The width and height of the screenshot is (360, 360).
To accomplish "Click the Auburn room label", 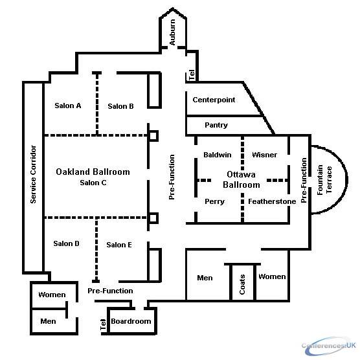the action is click(x=172, y=32).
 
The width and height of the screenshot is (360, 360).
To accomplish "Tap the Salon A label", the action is click(x=68, y=106).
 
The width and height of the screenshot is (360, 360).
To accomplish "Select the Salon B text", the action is click(x=121, y=106).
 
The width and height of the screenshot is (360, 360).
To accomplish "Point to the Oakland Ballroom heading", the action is click(x=93, y=172).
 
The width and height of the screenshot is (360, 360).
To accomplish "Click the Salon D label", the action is click(x=66, y=243).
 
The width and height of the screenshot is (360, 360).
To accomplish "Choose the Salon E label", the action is click(x=119, y=245).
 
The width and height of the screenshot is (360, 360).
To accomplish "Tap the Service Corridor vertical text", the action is click(x=33, y=174).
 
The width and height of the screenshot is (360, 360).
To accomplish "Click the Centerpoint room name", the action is click(x=214, y=100).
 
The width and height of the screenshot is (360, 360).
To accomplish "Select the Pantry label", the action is click(x=216, y=125).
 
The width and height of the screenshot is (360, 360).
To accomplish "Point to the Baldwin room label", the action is click(x=218, y=155).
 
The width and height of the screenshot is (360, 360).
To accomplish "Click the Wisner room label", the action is click(x=264, y=155).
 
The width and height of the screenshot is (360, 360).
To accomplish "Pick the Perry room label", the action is click(x=215, y=201).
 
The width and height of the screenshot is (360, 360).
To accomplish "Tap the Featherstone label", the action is click(x=272, y=201).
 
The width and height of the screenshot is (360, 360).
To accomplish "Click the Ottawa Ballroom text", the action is click(x=242, y=179).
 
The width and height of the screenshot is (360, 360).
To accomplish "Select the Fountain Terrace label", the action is click(x=324, y=180).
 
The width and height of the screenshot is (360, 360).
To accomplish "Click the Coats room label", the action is click(x=242, y=284).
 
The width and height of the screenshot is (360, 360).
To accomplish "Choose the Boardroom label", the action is click(x=131, y=321).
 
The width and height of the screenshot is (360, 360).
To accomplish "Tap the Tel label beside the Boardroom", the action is click(x=103, y=324).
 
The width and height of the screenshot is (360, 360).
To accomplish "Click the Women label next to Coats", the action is click(x=272, y=276).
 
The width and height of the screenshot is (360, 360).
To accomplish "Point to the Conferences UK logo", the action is click(x=329, y=346).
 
